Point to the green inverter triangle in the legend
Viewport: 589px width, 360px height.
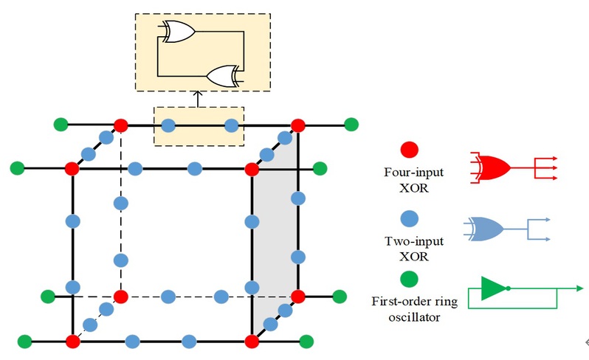point(493,288)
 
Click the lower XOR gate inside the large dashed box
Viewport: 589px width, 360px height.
point(222,75)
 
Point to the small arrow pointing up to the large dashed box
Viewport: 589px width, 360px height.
point(197,97)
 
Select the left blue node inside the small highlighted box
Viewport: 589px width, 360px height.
point(168,125)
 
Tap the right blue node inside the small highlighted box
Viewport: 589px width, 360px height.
point(231,125)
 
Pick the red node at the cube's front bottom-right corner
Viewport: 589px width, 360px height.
point(252,342)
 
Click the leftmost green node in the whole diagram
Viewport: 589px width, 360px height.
point(17,169)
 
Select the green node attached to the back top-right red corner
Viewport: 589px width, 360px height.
point(352,124)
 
